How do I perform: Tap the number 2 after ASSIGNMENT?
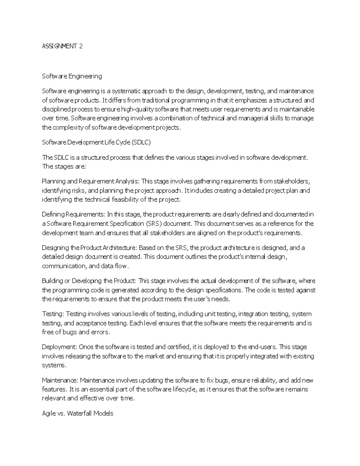(80, 46)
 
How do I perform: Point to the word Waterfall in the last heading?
(80, 413)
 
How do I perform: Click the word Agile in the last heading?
(49, 413)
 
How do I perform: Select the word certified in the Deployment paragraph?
(178, 347)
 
